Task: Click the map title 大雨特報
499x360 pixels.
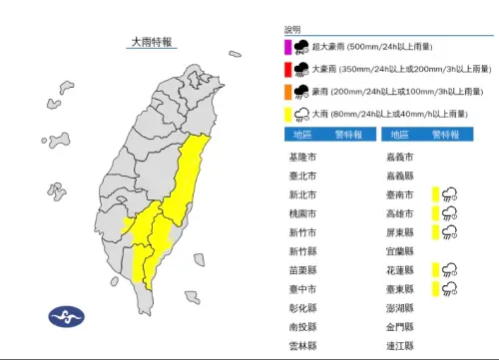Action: [x=153, y=42]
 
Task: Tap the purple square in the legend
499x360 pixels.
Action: [x=286, y=45]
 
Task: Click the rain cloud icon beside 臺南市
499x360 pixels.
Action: [x=451, y=194]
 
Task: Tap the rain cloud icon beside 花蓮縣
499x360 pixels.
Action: [x=451, y=269]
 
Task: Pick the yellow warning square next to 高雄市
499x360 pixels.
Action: [x=435, y=213]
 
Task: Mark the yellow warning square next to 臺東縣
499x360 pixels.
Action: [x=435, y=288]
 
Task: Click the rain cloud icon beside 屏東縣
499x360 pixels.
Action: [x=451, y=232]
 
